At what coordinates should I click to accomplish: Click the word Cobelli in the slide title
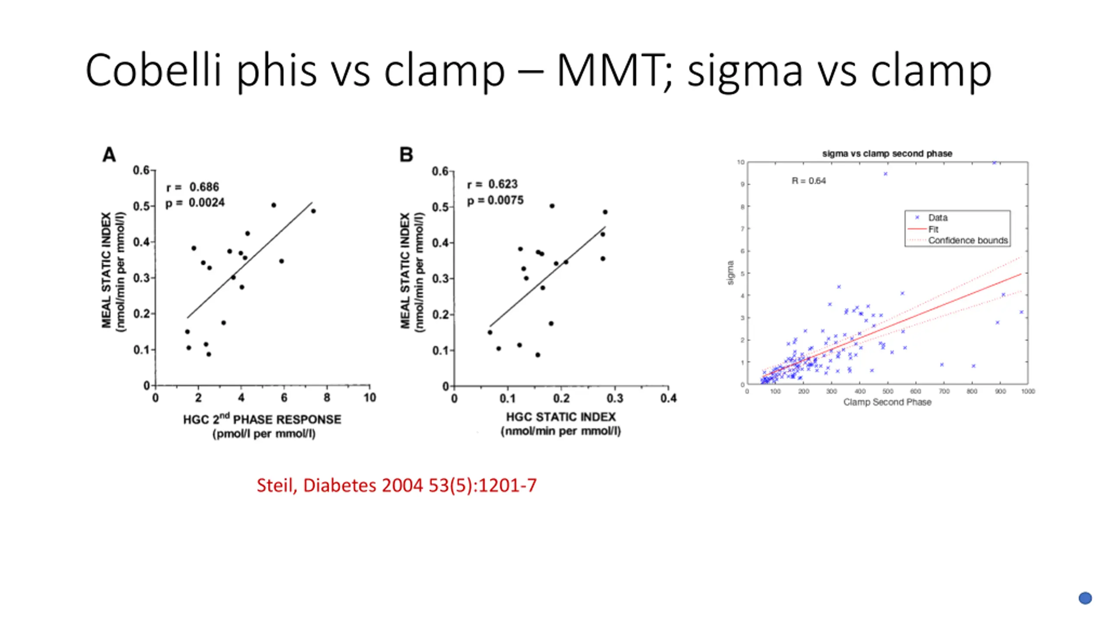click(153, 70)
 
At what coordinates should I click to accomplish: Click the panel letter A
click(109, 154)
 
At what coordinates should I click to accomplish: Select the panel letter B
click(406, 154)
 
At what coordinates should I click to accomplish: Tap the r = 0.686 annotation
click(193, 187)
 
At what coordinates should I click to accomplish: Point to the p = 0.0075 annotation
click(495, 200)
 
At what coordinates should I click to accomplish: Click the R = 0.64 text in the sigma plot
click(808, 181)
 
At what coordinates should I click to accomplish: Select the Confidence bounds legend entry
click(967, 240)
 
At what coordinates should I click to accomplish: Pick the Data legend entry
click(937, 218)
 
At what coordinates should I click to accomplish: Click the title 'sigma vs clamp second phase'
click(887, 154)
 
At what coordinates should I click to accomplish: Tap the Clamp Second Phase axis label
click(887, 402)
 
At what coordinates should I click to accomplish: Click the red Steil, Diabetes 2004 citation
click(396, 485)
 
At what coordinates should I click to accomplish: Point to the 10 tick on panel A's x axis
click(370, 398)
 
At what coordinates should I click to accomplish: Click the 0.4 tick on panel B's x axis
click(668, 398)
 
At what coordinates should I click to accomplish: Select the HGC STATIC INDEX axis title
click(561, 417)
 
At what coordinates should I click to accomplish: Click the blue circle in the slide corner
click(1085, 598)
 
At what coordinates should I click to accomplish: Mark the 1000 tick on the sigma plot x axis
click(1028, 392)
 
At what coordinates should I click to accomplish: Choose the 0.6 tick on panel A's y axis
click(141, 170)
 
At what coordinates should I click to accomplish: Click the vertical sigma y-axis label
click(731, 273)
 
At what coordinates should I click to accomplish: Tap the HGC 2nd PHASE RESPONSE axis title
click(262, 419)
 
